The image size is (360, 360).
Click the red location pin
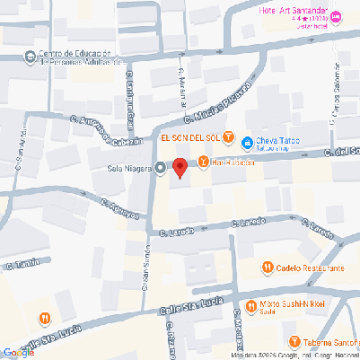(x=180, y=166)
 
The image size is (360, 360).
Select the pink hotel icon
(x=337, y=17)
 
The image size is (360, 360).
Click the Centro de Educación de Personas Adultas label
(x=79, y=58)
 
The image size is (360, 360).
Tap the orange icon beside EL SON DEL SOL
(x=228, y=138)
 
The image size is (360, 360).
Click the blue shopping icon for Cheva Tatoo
(x=246, y=142)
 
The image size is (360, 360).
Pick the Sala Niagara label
(x=129, y=167)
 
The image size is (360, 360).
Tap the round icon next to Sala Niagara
(x=161, y=167)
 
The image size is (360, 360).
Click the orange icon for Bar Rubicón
(x=203, y=162)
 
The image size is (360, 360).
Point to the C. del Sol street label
(x=344, y=150)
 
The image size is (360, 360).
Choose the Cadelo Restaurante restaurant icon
(x=268, y=267)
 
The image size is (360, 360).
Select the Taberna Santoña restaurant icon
(x=294, y=341)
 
